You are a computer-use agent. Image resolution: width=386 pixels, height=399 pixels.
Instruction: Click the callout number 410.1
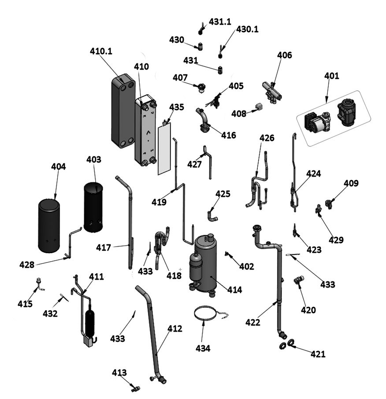(101, 51)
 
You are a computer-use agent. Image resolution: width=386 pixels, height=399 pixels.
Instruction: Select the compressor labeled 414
(205, 262)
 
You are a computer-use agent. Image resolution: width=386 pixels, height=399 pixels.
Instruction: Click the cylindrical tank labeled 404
(49, 225)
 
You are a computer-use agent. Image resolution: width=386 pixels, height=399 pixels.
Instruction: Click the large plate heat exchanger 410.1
(122, 110)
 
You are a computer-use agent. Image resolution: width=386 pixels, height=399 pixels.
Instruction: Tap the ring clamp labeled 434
(205, 313)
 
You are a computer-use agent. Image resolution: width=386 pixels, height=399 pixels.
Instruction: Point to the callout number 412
(174, 329)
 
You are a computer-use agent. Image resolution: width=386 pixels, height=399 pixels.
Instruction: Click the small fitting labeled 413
(135, 388)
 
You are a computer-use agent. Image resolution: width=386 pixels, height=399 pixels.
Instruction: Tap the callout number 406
(284, 55)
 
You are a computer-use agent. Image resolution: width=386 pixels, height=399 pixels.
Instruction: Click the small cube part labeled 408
(259, 106)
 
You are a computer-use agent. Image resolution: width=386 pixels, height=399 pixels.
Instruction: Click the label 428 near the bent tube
(26, 265)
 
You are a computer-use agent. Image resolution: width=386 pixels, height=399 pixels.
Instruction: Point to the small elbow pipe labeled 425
(212, 216)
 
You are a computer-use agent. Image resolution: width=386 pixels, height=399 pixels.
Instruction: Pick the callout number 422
(253, 322)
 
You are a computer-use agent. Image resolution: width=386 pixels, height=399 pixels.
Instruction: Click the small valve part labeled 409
(328, 203)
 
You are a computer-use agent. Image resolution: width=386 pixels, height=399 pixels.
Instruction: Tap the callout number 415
(25, 303)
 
